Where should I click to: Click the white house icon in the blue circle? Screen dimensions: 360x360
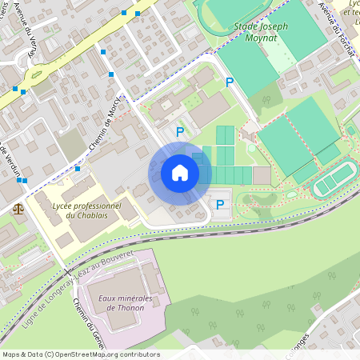(180, 173)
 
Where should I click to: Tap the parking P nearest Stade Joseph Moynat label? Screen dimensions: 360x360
(230, 82)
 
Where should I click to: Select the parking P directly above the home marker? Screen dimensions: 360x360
(180, 132)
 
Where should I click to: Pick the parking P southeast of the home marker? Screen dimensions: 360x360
(220, 205)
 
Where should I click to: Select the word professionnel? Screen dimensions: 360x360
(102, 206)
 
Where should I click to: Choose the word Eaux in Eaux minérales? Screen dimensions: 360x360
(108, 299)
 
